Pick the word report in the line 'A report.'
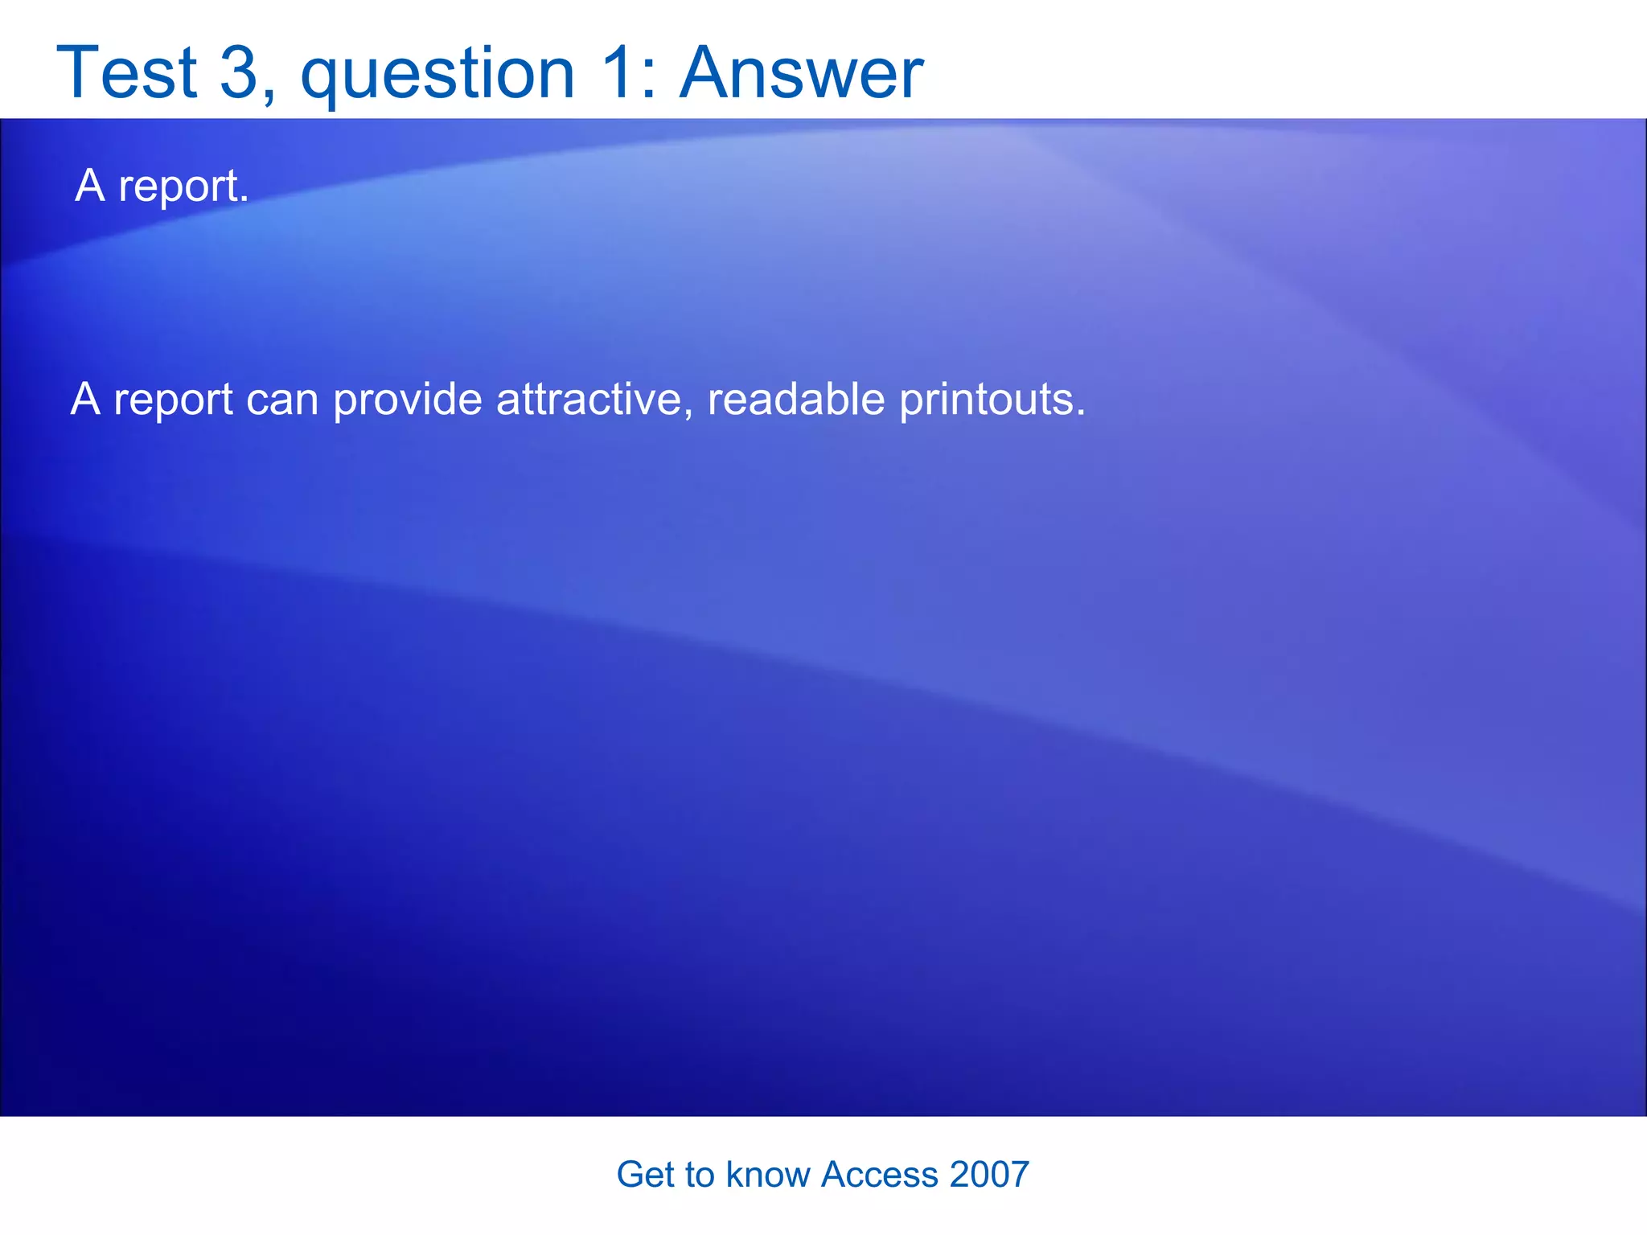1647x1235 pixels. click(x=183, y=187)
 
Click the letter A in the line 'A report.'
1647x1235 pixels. click(x=90, y=185)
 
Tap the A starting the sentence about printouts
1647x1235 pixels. click(x=85, y=398)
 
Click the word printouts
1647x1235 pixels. click(x=992, y=400)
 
